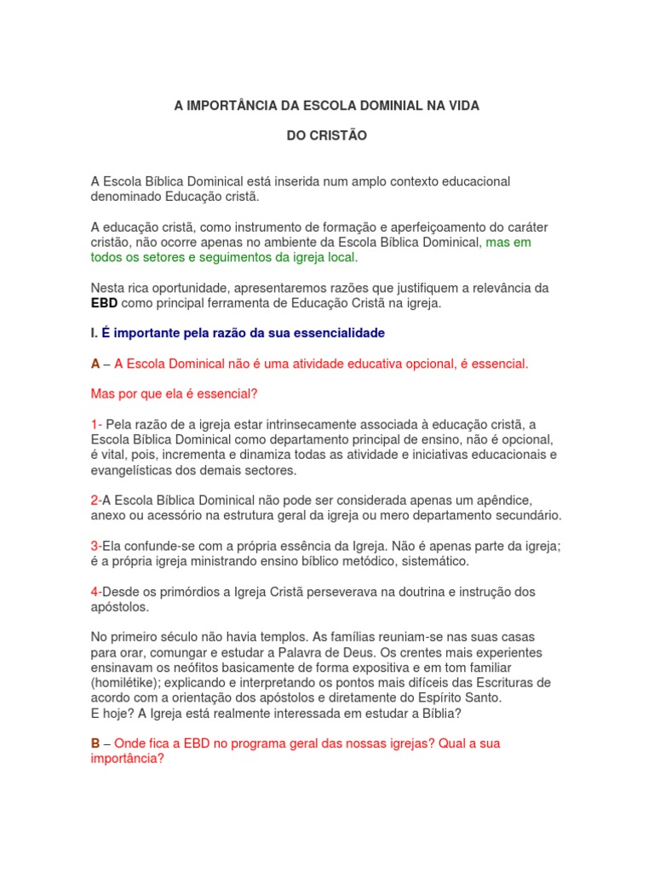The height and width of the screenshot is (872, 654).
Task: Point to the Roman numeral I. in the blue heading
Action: point(95,332)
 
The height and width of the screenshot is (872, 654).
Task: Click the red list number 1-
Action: point(96,424)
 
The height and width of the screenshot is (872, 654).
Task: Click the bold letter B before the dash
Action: point(95,743)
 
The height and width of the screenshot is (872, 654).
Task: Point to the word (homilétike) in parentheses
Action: point(123,683)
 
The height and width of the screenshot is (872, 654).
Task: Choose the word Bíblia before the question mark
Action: point(432,714)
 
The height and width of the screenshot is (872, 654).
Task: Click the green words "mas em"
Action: point(508,242)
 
